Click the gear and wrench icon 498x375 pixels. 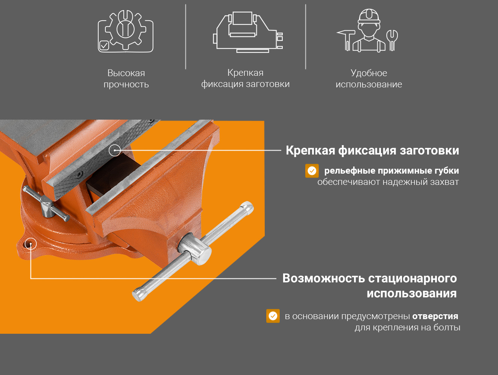tap(126, 31)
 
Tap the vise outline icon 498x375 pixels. tap(248, 32)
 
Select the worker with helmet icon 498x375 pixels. tap(367, 30)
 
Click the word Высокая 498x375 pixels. tap(126, 73)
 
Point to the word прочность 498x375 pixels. tap(126, 85)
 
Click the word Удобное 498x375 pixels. tap(369, 73)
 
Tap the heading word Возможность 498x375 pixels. tap(323, 278)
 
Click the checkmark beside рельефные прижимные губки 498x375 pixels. tap(312, 171)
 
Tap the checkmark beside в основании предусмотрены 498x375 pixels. tap(273, 316)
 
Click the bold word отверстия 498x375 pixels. tap(435, 316)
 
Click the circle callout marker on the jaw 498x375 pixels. tap(115, 150)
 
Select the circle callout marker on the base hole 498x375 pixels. tap(31, 244)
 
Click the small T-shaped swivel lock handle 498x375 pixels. tap(46, 204)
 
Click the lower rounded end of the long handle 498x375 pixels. tap(138, 294)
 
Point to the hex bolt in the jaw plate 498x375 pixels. tap(79, 174)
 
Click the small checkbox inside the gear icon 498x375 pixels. tap(104, 46)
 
